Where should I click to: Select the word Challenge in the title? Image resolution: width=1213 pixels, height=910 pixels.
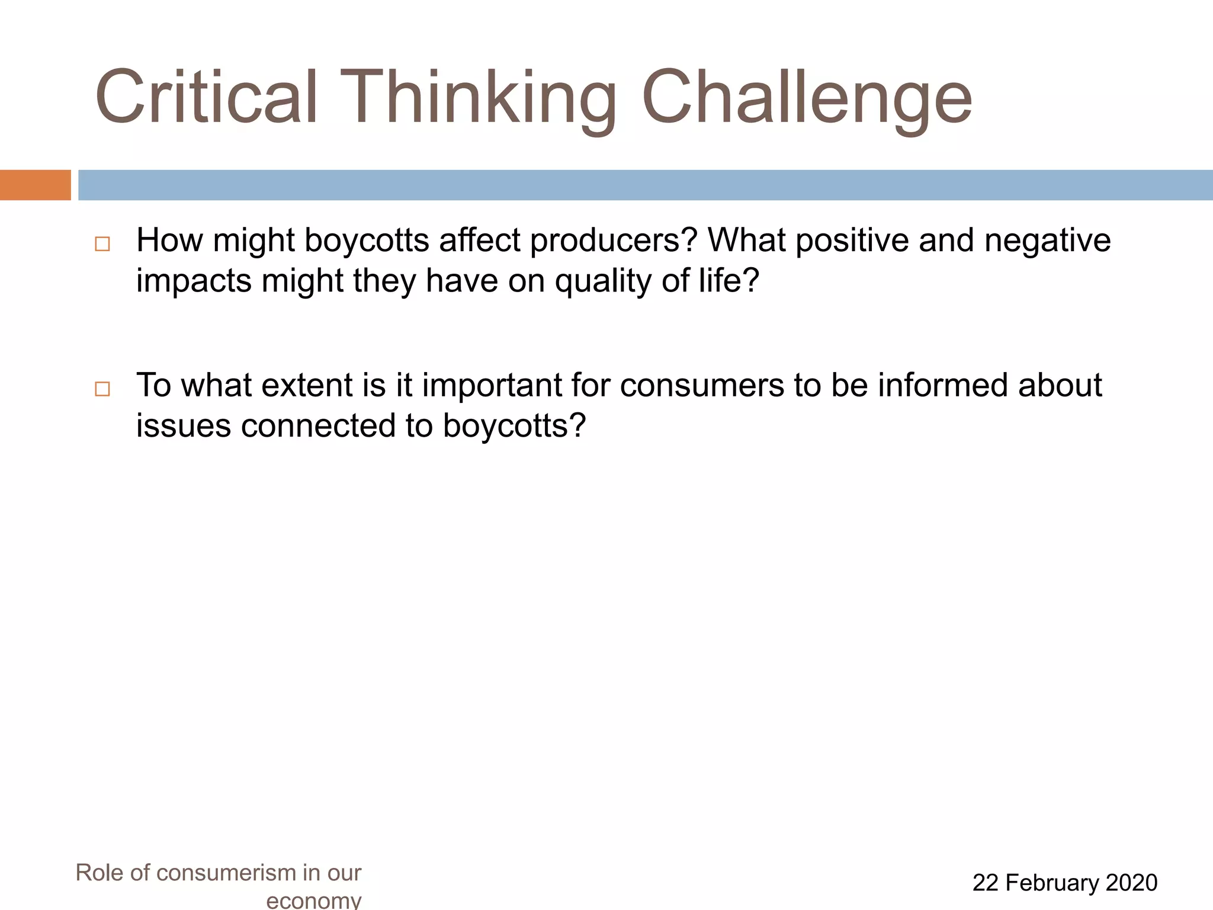click(x=806, y=97)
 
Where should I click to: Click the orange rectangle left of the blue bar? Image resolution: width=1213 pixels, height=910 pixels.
click(x=35, y=185)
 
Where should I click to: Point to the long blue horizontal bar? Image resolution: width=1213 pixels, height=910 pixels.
click(x=645, y=185)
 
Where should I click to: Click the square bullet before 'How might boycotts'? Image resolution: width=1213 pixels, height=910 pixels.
click(x=102, y=244)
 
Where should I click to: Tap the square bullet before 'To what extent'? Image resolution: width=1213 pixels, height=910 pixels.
click(x=102, y=389)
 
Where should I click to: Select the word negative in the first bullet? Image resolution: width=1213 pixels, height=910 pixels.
click(x=1047, y=240)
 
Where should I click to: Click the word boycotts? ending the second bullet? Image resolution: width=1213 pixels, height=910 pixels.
click(x=514, y=426)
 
